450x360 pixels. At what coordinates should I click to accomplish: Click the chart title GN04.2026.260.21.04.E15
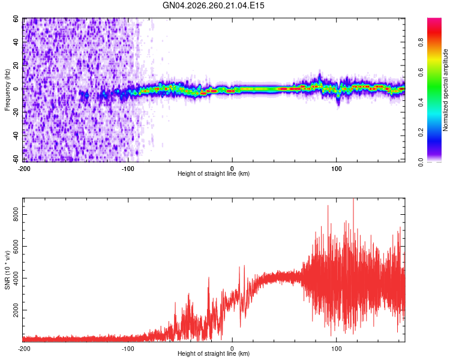pos(213,5)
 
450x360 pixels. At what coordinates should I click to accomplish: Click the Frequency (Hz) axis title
pos(7,90)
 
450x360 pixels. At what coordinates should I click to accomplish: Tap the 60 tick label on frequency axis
pos(16,19)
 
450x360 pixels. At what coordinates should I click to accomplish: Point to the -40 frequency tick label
pos(16,136)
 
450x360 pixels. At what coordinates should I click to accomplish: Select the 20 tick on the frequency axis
pos(16,65)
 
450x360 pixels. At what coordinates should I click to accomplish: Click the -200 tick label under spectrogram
pos(24,169)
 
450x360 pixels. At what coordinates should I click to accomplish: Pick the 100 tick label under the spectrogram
pos(337,169)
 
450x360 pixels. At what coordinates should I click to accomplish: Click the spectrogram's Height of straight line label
pos(214,173)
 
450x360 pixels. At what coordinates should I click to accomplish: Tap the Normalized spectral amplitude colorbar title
pos(445,90)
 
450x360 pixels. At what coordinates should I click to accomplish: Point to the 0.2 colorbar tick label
pos(421,133)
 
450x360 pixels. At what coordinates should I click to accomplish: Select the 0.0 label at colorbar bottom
pos(421,163)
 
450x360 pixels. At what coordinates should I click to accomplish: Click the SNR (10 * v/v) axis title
pos(7,270)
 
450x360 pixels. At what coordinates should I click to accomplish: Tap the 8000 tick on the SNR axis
pos(16,215)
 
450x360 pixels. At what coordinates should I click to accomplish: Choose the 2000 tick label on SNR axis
pos(16,310)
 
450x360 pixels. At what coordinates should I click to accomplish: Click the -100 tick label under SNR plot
pos(128,349)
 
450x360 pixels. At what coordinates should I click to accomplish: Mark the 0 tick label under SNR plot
pos(232,349)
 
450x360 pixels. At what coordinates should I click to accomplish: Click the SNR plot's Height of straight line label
pos(214,353)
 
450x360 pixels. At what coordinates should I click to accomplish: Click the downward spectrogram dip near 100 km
pos(338,99)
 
